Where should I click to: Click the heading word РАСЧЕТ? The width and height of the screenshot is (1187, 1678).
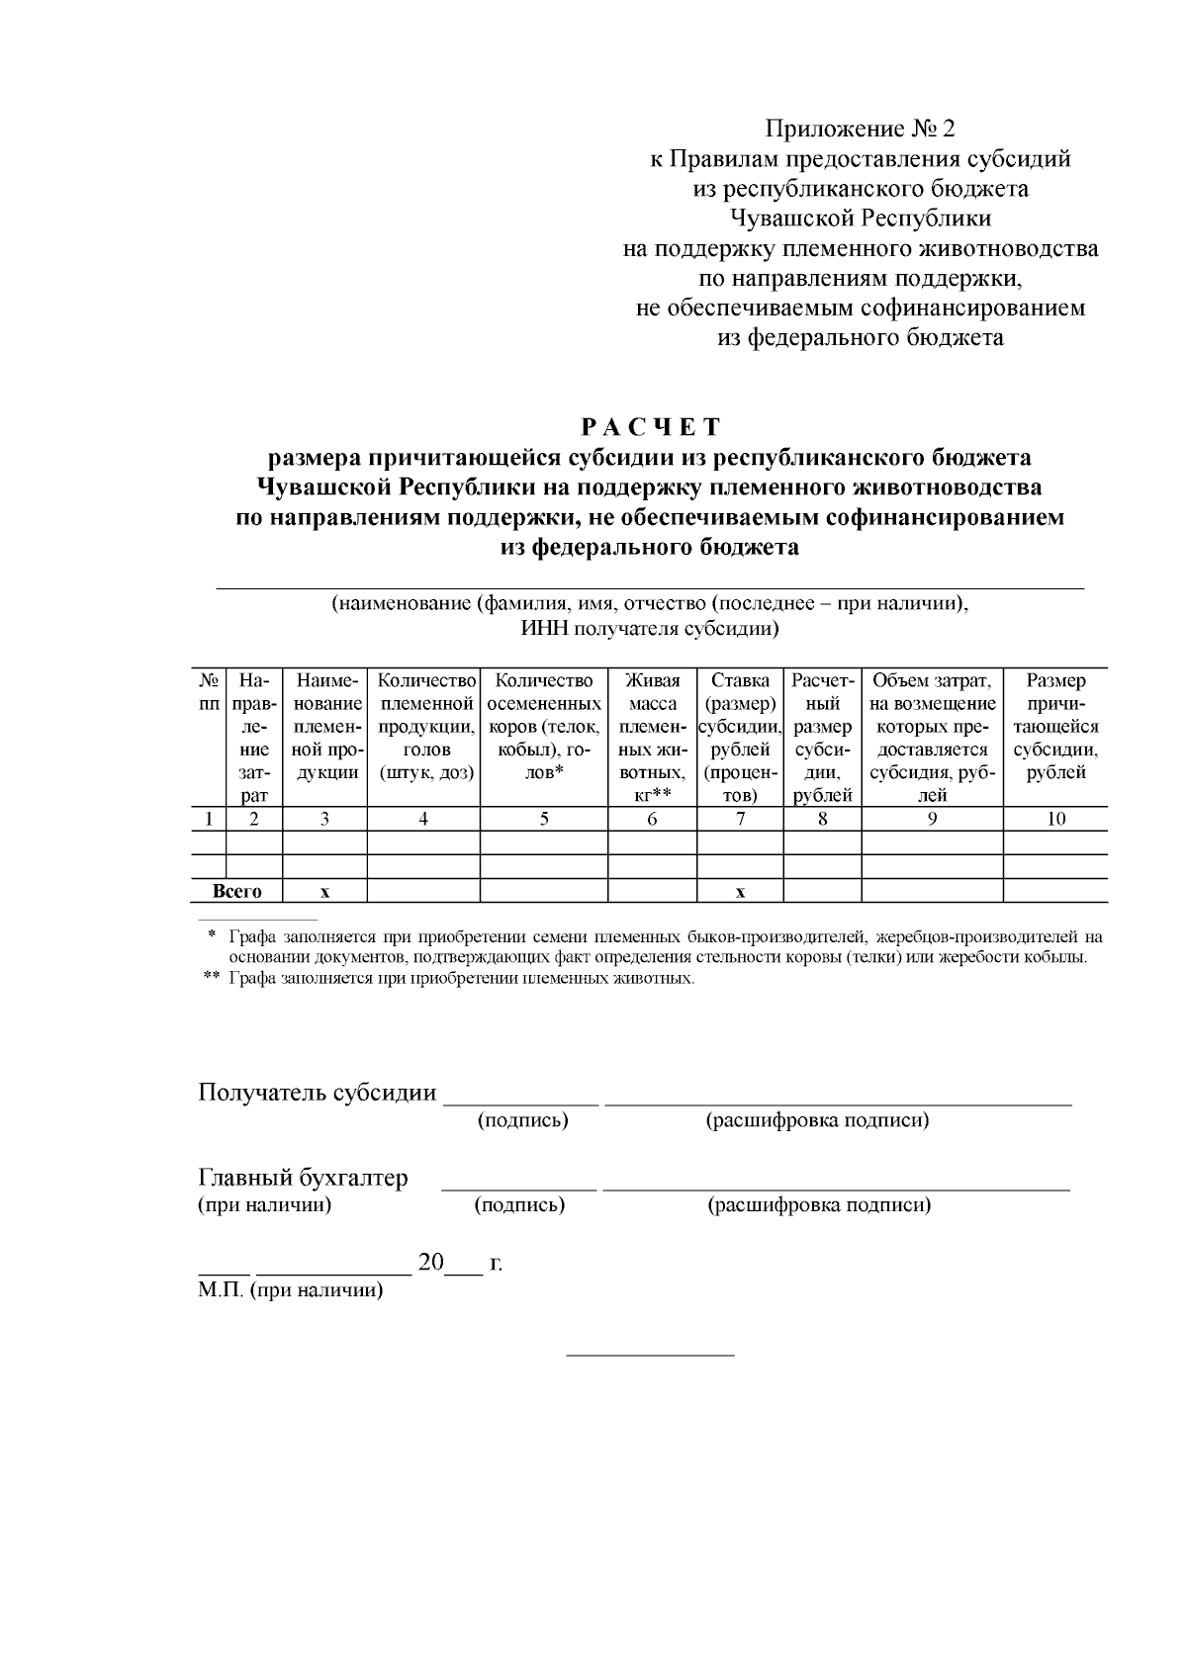point(651,427)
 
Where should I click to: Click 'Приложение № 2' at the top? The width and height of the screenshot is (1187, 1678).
point(861,129)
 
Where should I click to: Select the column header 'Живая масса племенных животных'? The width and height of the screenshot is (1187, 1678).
point(652,738)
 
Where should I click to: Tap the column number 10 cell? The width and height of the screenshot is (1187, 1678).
point(1055,819)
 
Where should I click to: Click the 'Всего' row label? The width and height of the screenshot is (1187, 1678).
point(237,892)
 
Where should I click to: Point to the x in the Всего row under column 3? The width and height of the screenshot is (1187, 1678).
point(324,892)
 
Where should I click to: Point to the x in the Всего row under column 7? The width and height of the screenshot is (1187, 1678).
point(740,892)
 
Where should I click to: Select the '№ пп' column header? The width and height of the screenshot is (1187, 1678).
point(209,692)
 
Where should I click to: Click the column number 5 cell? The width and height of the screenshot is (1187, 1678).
point(544,819)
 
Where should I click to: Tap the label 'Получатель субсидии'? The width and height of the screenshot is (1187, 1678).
point(318,1093)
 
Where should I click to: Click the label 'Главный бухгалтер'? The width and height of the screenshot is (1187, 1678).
point(303,1178)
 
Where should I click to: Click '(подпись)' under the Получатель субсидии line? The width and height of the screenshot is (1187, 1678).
point(522,1120)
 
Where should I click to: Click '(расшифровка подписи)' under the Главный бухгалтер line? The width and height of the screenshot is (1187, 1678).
point(819,1205)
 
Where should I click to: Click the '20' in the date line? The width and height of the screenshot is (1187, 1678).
point(431,1263)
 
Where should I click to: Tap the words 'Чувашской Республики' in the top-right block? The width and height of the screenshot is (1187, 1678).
point(861,219)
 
